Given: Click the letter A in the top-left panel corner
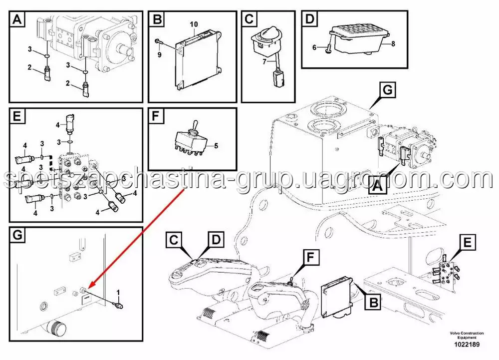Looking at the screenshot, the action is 17,19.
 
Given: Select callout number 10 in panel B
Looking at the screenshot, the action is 194,24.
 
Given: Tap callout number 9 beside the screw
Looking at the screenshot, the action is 160,54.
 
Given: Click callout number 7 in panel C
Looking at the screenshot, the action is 264,61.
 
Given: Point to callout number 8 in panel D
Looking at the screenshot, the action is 393,43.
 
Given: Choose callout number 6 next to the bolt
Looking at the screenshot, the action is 314,47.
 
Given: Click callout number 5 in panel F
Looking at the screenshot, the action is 216,146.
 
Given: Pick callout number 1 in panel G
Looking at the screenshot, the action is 118,292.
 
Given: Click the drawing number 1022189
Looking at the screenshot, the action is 467,344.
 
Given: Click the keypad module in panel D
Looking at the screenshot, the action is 358,40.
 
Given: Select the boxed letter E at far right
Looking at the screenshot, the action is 467,243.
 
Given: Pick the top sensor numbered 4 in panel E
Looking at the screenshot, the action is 70,123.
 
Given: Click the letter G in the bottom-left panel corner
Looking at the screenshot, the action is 17,235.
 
